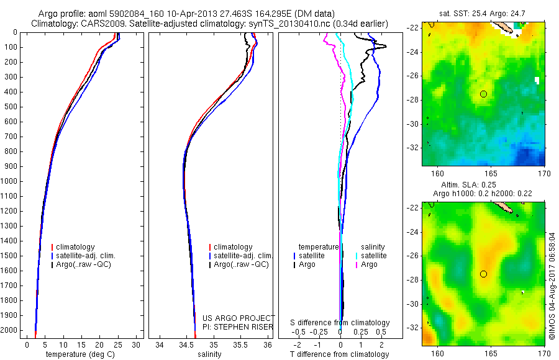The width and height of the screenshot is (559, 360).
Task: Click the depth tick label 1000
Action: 10,181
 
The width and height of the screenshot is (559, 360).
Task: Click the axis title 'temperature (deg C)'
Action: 79,354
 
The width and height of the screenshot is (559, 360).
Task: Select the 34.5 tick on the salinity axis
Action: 186,344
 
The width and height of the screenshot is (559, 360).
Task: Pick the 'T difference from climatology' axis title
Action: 340,354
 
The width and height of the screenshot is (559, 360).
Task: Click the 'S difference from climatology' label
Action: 340,323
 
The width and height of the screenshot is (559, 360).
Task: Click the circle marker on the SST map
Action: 483,94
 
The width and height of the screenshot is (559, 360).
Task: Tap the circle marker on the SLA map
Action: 483,274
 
